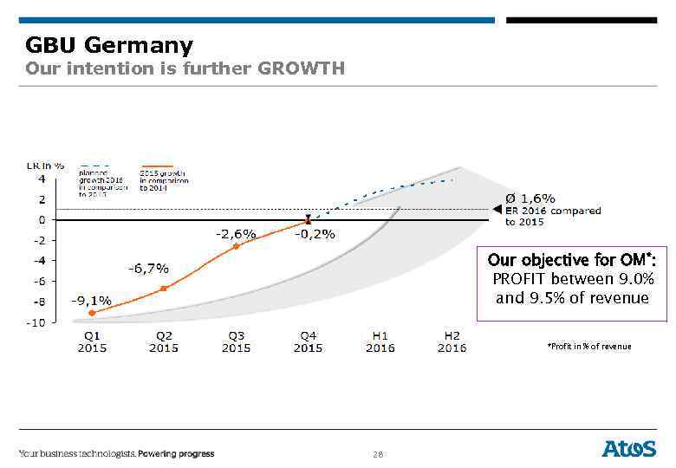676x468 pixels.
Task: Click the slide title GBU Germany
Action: [x=109, y=44]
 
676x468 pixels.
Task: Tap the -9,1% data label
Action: [x=91, y=300]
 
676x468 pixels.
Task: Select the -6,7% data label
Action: [x=149, y=268]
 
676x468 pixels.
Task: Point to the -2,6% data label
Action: [x=236, y=233]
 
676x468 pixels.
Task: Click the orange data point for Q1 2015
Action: [x=92, y=313]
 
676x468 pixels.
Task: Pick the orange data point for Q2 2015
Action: [x=163, y=289]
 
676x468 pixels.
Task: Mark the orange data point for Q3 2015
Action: [x=235, y=246]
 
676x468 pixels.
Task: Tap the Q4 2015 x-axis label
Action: [x=308, y=341]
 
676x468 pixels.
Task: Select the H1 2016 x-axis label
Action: [x=380, y=341]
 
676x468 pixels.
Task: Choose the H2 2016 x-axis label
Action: [x=452, y=341]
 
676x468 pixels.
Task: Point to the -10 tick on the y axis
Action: [x=36, y=322]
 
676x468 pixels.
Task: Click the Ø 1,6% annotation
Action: [x=530, y=198]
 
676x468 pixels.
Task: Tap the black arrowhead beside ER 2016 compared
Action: [x=497, y=209]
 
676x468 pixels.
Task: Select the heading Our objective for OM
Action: [x=571, y=260]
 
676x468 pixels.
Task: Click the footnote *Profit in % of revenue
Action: [x=589, y=347]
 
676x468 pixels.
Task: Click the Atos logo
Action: [x=629, y=448]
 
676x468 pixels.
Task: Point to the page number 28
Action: [x=377, y=454]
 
